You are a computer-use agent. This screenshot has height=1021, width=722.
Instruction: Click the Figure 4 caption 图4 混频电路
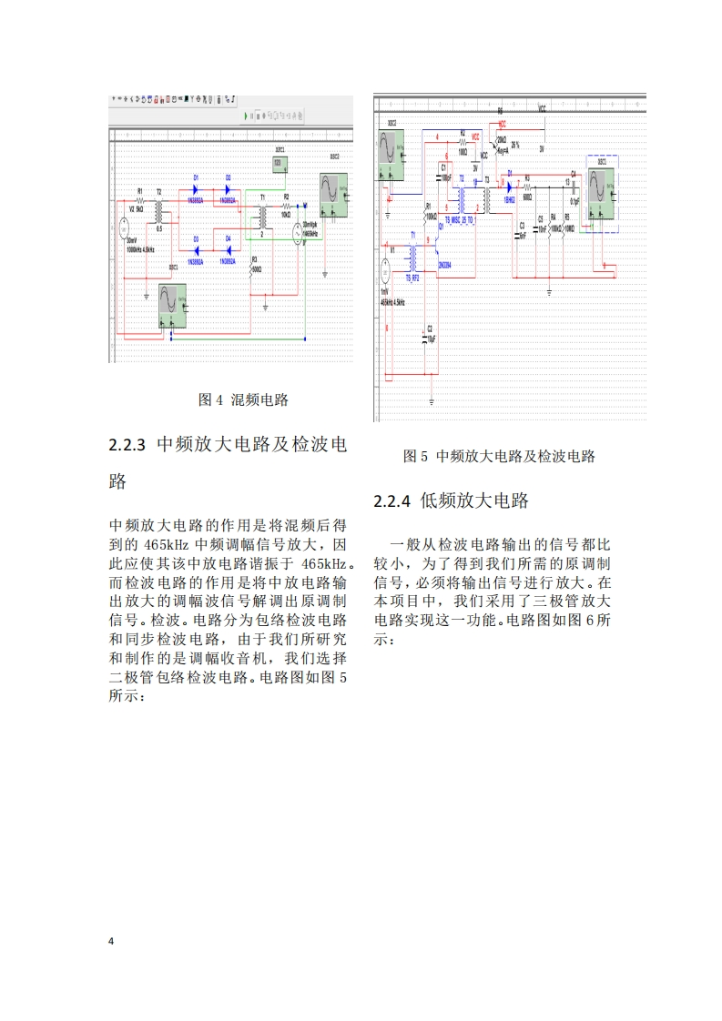[243, 399]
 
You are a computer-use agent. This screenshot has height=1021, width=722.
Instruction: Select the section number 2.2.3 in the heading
[127, 445]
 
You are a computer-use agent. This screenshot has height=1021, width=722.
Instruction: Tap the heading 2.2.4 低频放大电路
[452, 500]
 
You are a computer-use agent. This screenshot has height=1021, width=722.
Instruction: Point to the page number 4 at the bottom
[111, 940]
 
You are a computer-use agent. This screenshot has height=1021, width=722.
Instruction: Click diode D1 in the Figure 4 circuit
[196, 189]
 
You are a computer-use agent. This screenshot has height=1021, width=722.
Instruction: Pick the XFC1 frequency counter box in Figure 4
[281, 164]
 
